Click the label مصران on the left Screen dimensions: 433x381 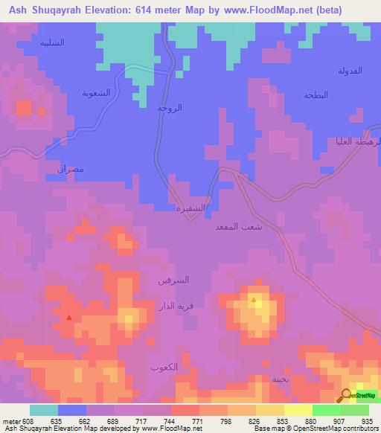71,169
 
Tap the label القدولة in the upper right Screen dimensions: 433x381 350,71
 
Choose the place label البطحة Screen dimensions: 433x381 316,95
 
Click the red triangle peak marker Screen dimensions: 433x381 69,317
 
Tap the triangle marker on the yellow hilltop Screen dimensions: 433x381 254,301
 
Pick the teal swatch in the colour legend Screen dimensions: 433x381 44,410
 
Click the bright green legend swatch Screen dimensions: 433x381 327,410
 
